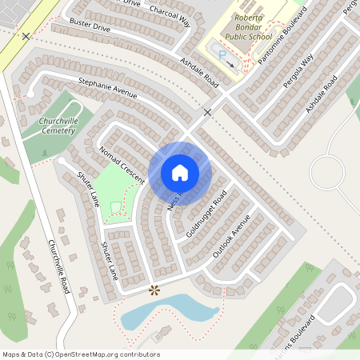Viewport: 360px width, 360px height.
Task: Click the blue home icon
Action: pos(180,173)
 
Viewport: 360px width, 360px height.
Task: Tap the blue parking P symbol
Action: pos(223,55)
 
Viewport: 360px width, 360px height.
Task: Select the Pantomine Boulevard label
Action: pos(278,36)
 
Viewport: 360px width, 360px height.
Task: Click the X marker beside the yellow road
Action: pos(26,37)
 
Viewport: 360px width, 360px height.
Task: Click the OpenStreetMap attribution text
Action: pos(80,354)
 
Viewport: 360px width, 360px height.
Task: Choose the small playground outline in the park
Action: pos(116,209)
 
